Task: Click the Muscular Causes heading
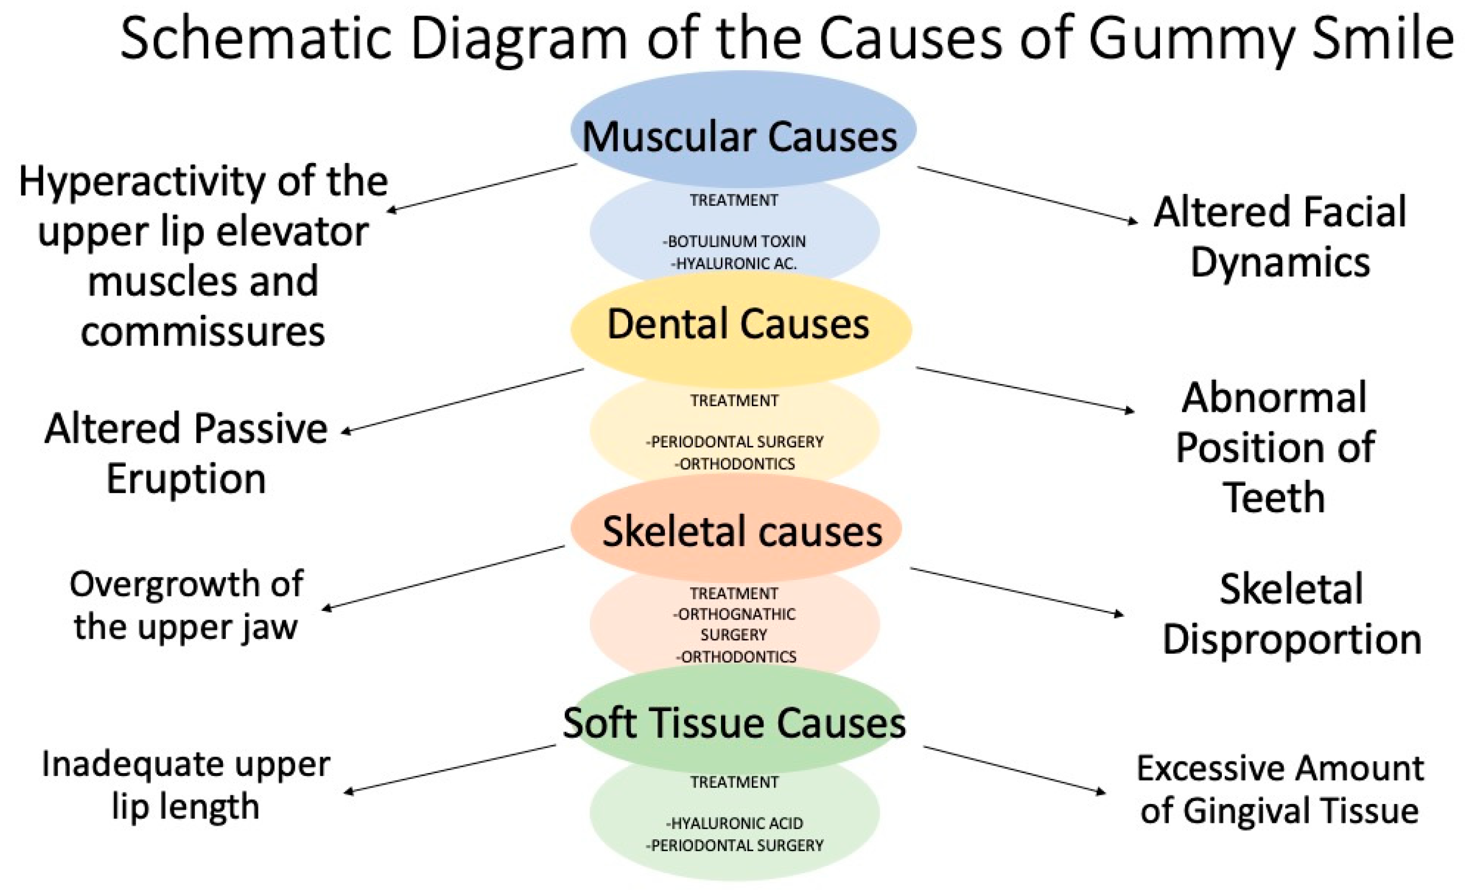click(x=739, y=137)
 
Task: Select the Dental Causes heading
click(x=738, y=325)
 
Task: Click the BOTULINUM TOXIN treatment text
click(x=734, y=241)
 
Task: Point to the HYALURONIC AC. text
click(x=734, y=263)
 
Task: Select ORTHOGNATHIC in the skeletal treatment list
click(x=734, y=614)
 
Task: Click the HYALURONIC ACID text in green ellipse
click(x=734, y=823)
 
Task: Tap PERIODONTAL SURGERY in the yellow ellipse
click(x=734, y=442)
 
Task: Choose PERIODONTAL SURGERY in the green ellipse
click(x=734, y=845)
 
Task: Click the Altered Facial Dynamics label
click(x=1280, y=237)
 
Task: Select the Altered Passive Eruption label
click(x=186, y=453)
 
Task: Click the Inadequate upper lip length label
click(x=186, y=785)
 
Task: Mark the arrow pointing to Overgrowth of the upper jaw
click(x=443, y=578)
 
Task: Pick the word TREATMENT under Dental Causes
click(x=734, y=401)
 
